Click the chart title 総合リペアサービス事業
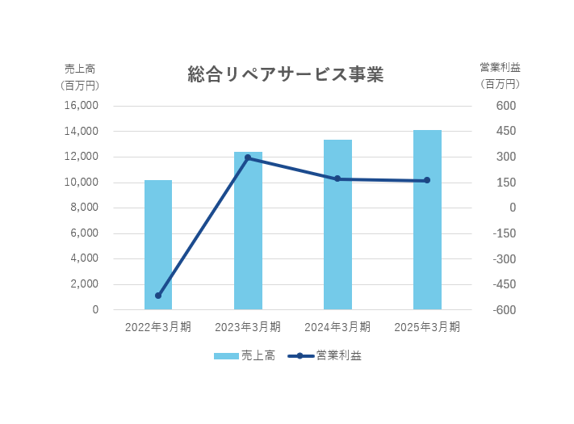point(285,75)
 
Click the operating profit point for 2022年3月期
point(158,296)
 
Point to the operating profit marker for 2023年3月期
point(248,157)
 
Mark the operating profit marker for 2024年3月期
point(337,178)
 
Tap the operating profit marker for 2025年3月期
point(427,180)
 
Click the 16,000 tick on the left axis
point(81,106)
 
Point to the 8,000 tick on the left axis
point(84,208)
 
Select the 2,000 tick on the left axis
point(84,284)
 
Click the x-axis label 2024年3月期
point(337,327)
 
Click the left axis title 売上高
point(79,68)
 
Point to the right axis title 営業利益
point(500,68)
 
